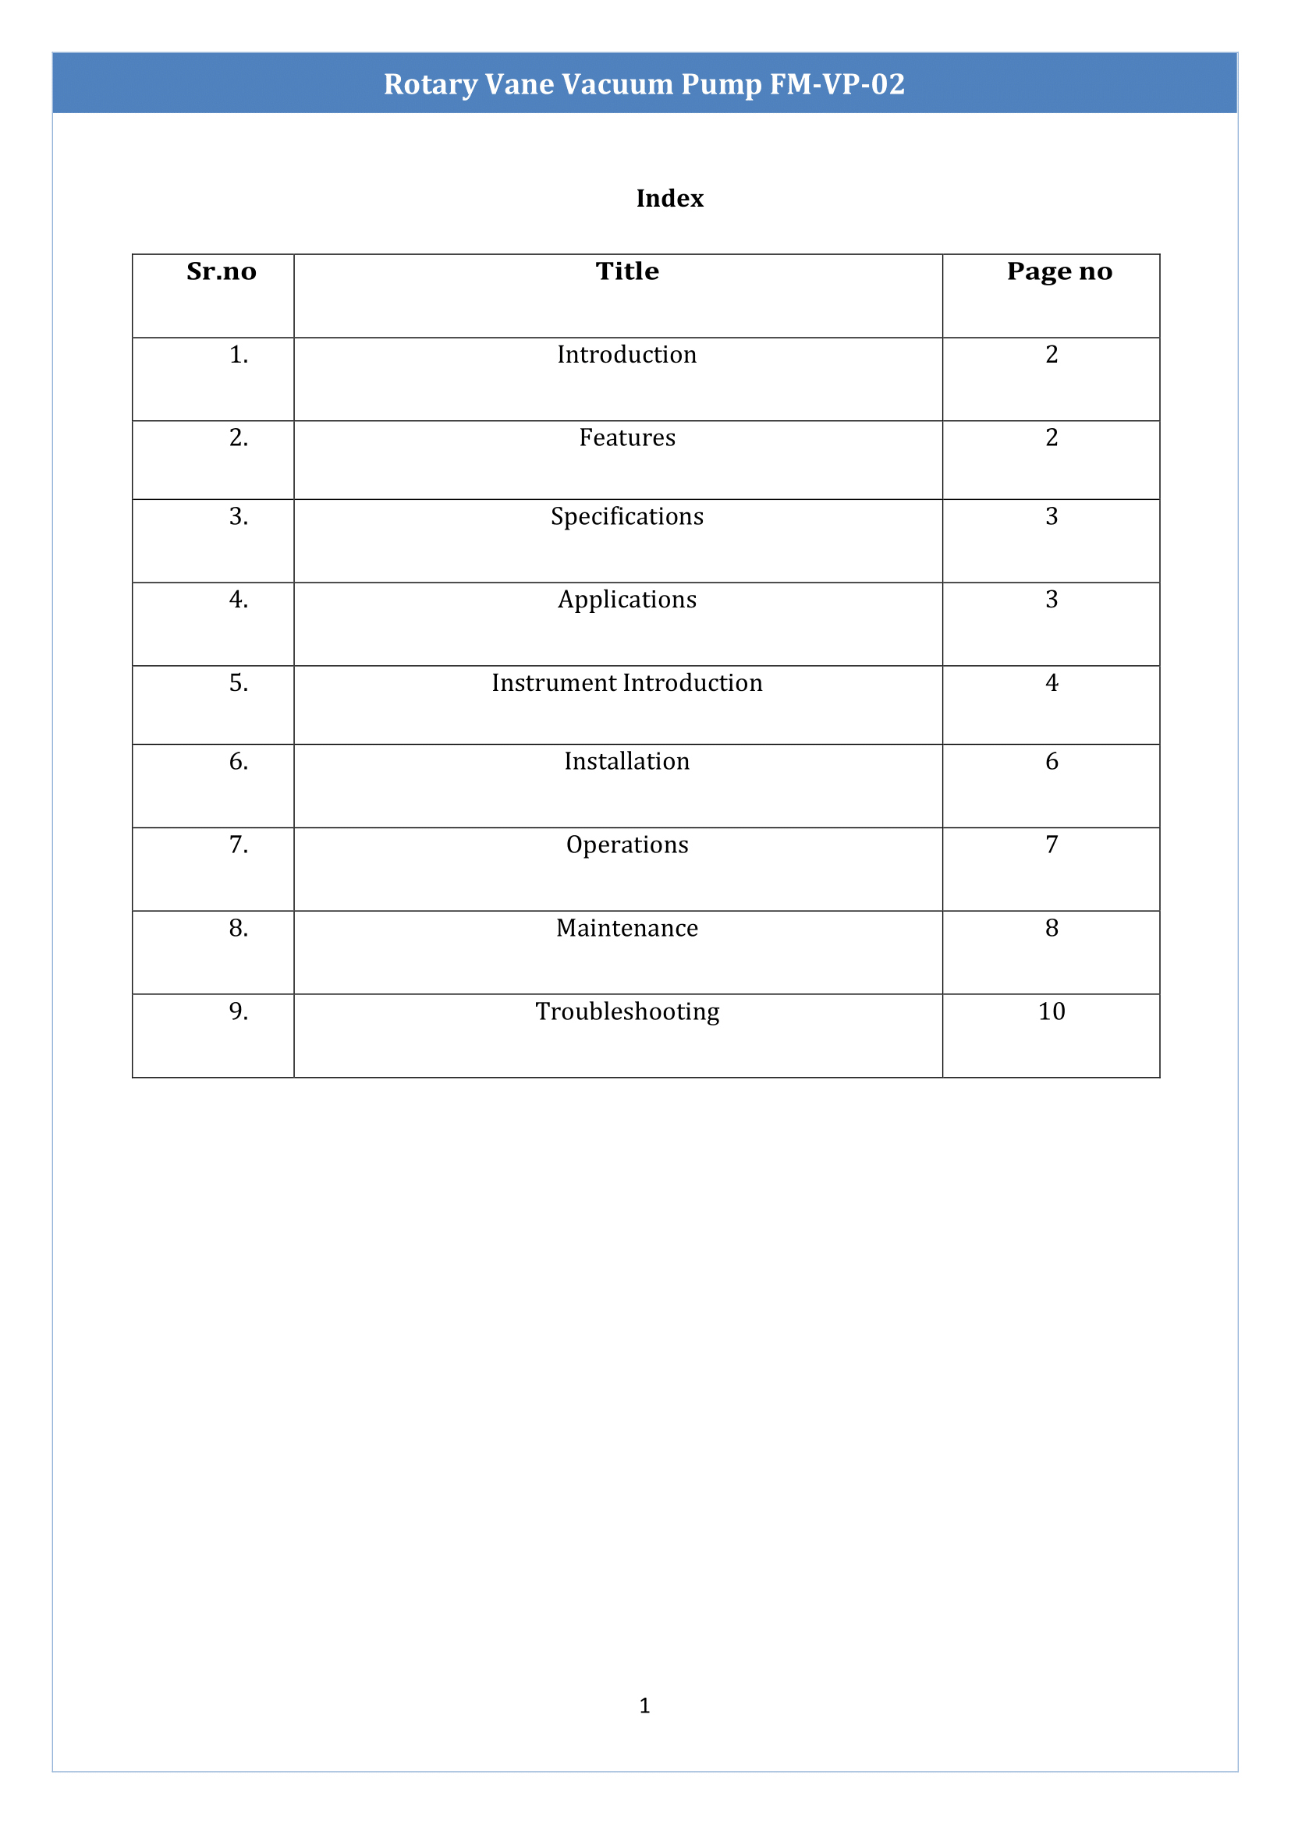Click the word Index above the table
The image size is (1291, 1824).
pyautogui.click(x=669, y=198)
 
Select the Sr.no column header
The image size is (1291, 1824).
pyautogui.click(x=221, y=272)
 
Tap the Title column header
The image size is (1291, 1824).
pyautogui.click(x=627, y=272)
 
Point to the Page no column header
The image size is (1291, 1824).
pyautogui.click(x=1059, y=272)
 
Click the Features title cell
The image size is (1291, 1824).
pyautogui.click(x=627, y=438)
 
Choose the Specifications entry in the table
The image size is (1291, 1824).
pyautogui.click(x=627, y=516)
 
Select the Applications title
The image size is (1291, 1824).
pyautogui.click(x=627, y=600)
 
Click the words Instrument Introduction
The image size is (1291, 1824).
pyautogui.click(x=627, y=682)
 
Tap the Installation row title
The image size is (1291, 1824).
pyautogui.click(x=627, y=761)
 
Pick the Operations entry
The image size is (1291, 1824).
pyautogui.click(x=627, y=845)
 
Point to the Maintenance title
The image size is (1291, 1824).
pyautogui.click(x=627, y=928)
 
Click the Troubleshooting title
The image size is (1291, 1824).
pyautogui.click(x=627, y=1011)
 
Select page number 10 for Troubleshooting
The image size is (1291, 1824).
pyautogui.click(x=1051, y=1011)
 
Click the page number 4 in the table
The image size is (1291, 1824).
pyautogui.click(x=1051, y=682)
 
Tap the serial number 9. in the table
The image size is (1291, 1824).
pyautogui.click(x=239, y=1011)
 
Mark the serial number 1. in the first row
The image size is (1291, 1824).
pyautogui.click(x=239, y=355)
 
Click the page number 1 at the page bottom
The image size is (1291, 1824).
pyautogui.click(x=644, y=1705)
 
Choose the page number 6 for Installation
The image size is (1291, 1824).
pyautogui.click(x=1051, y=761)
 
